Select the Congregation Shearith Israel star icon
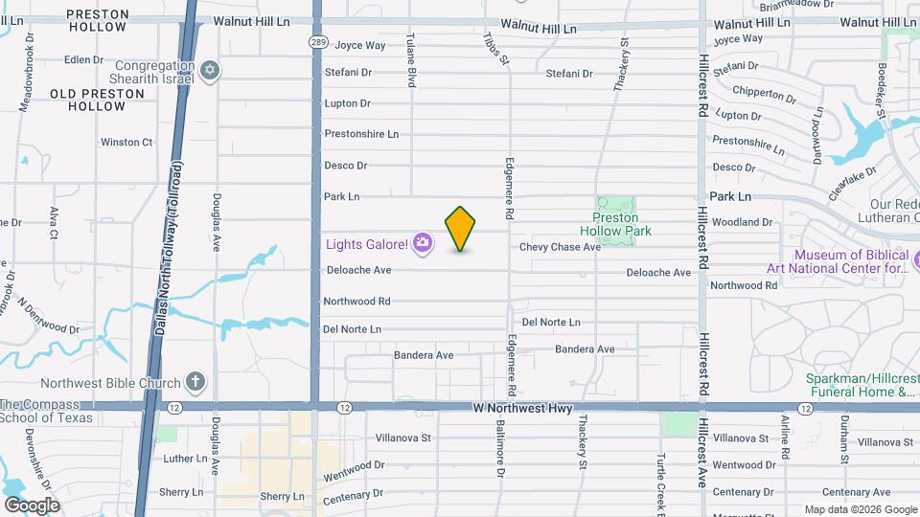[211, 71]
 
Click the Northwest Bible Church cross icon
[195, 383]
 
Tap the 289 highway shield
[318, 42]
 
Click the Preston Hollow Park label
[615, 224]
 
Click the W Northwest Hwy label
[523, 409]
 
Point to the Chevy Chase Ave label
[560, 247]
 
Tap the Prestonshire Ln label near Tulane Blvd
[361, 134]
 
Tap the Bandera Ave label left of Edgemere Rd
[424, 355]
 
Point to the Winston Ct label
[126, 143]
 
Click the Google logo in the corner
[32, 505]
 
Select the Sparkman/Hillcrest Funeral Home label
[856, 385]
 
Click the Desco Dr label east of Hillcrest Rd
[734, 167]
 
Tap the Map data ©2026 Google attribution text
[860, 508]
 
